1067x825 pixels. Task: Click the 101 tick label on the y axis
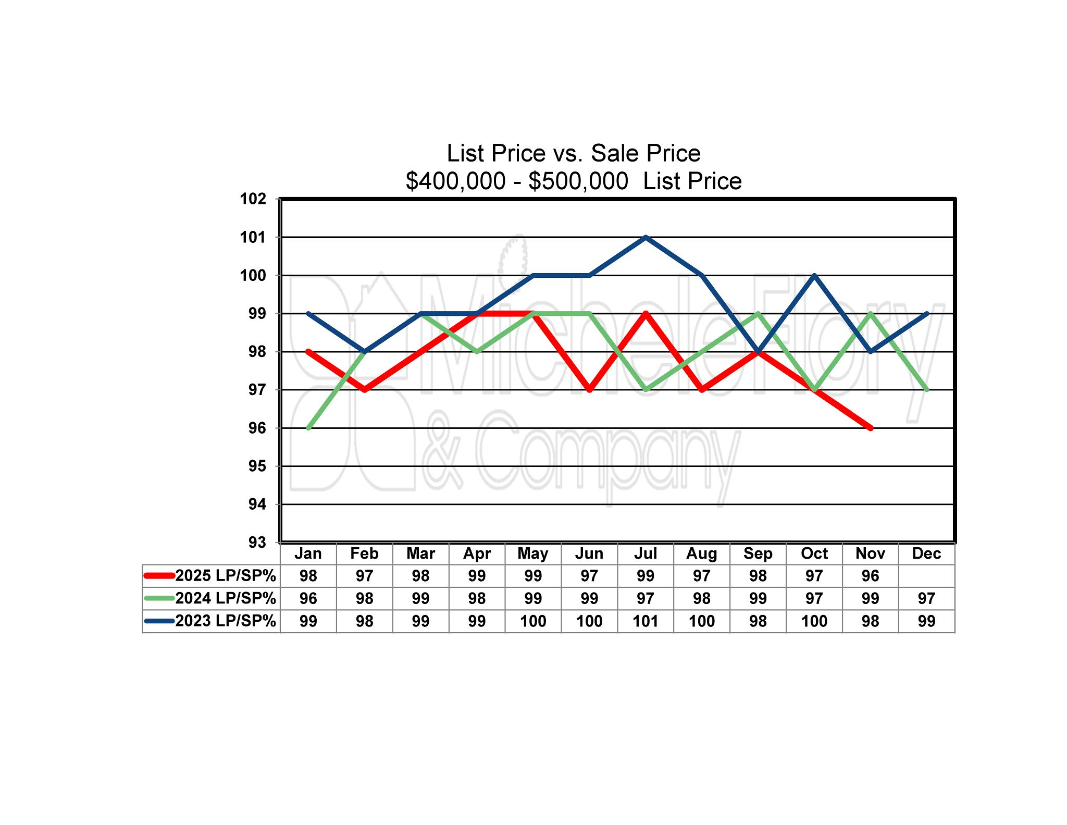tap(253, 238)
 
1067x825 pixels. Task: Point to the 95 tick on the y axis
tap(257, 466)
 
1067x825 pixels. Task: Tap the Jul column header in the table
tap(645, 553)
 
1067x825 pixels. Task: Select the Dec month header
tap(926, 553)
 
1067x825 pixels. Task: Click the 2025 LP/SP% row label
tap(225, 576)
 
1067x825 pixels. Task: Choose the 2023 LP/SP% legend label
tap(225, 621)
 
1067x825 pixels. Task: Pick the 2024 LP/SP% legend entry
tap(225, 598)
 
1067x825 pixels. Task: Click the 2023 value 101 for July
tap(645, 621)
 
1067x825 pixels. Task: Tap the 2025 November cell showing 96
tap(870, 576)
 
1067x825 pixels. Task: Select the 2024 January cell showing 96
tap(308, 598)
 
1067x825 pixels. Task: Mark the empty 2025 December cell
tap(926, 576)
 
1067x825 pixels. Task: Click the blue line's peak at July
tap(646, 237)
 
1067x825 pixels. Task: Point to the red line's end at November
tap(870, 428)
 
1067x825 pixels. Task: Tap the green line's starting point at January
tap(308, 428)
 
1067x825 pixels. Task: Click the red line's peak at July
tap(646, 314)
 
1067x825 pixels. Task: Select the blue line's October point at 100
tap(814, 275)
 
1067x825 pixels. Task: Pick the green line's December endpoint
tap(926, 390)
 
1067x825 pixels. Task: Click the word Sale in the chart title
tap(614, 153)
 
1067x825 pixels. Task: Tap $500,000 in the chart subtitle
tap(578, 181)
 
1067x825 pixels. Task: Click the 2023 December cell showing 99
tap(926, 621)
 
